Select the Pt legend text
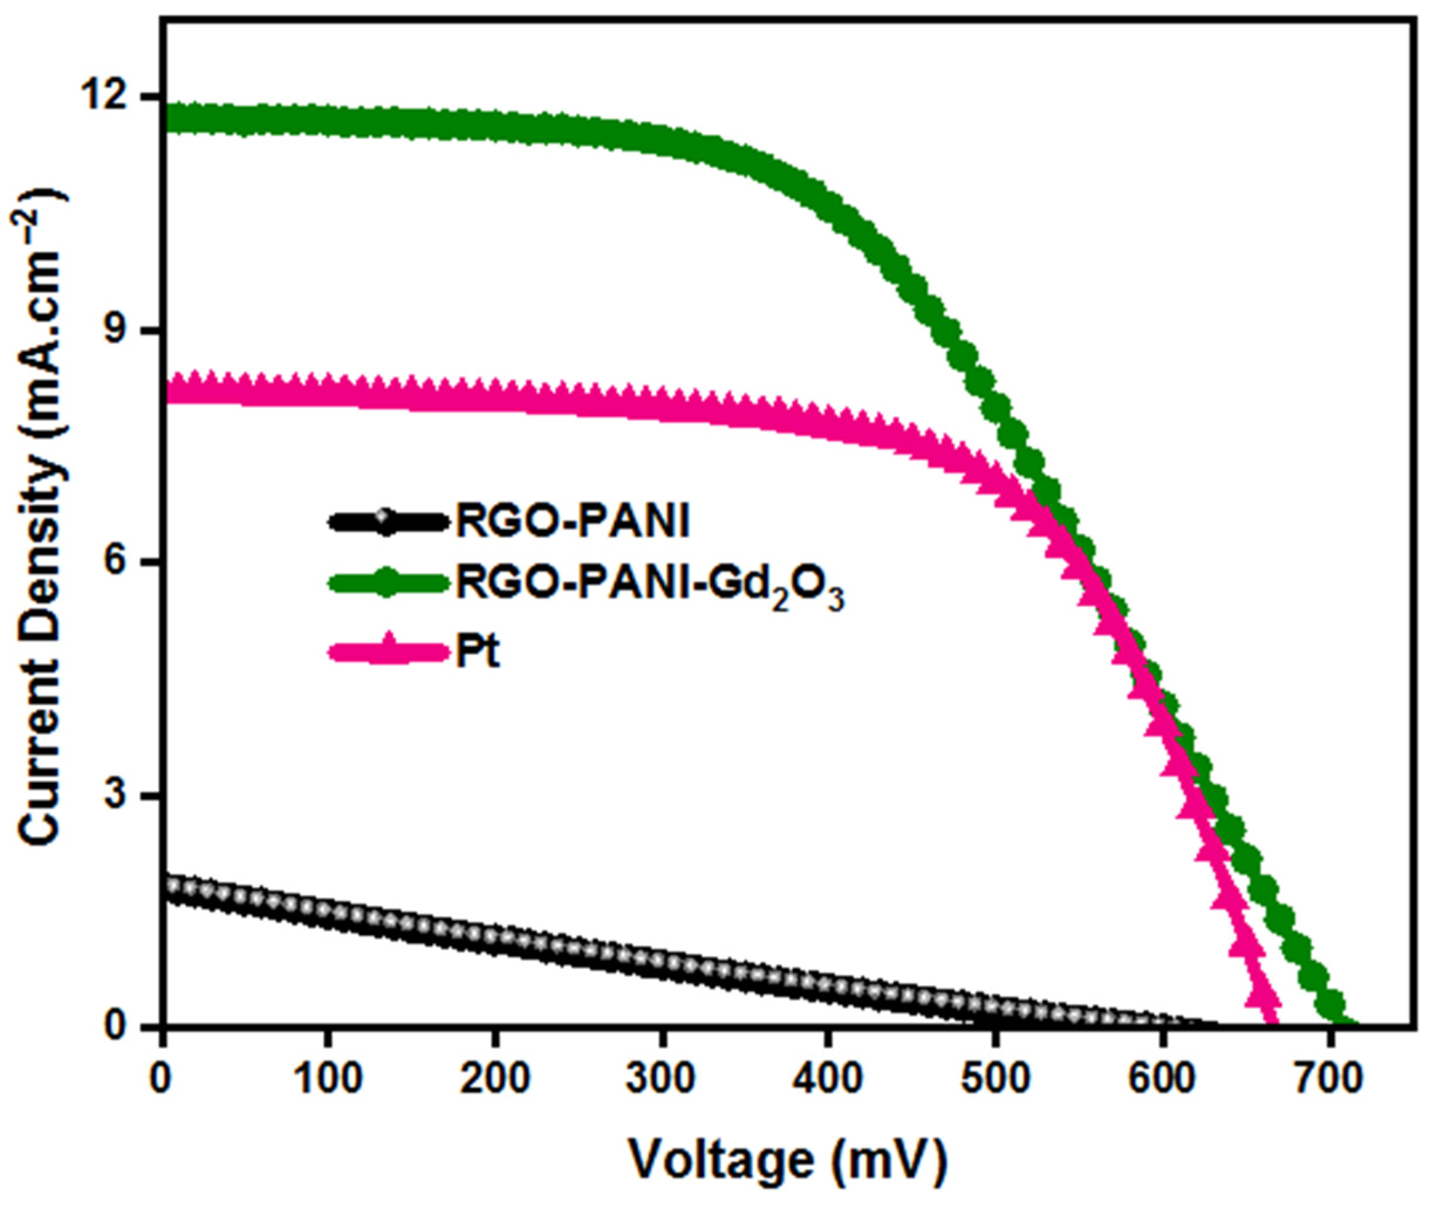pyautogui.click(x=478, y=653)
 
